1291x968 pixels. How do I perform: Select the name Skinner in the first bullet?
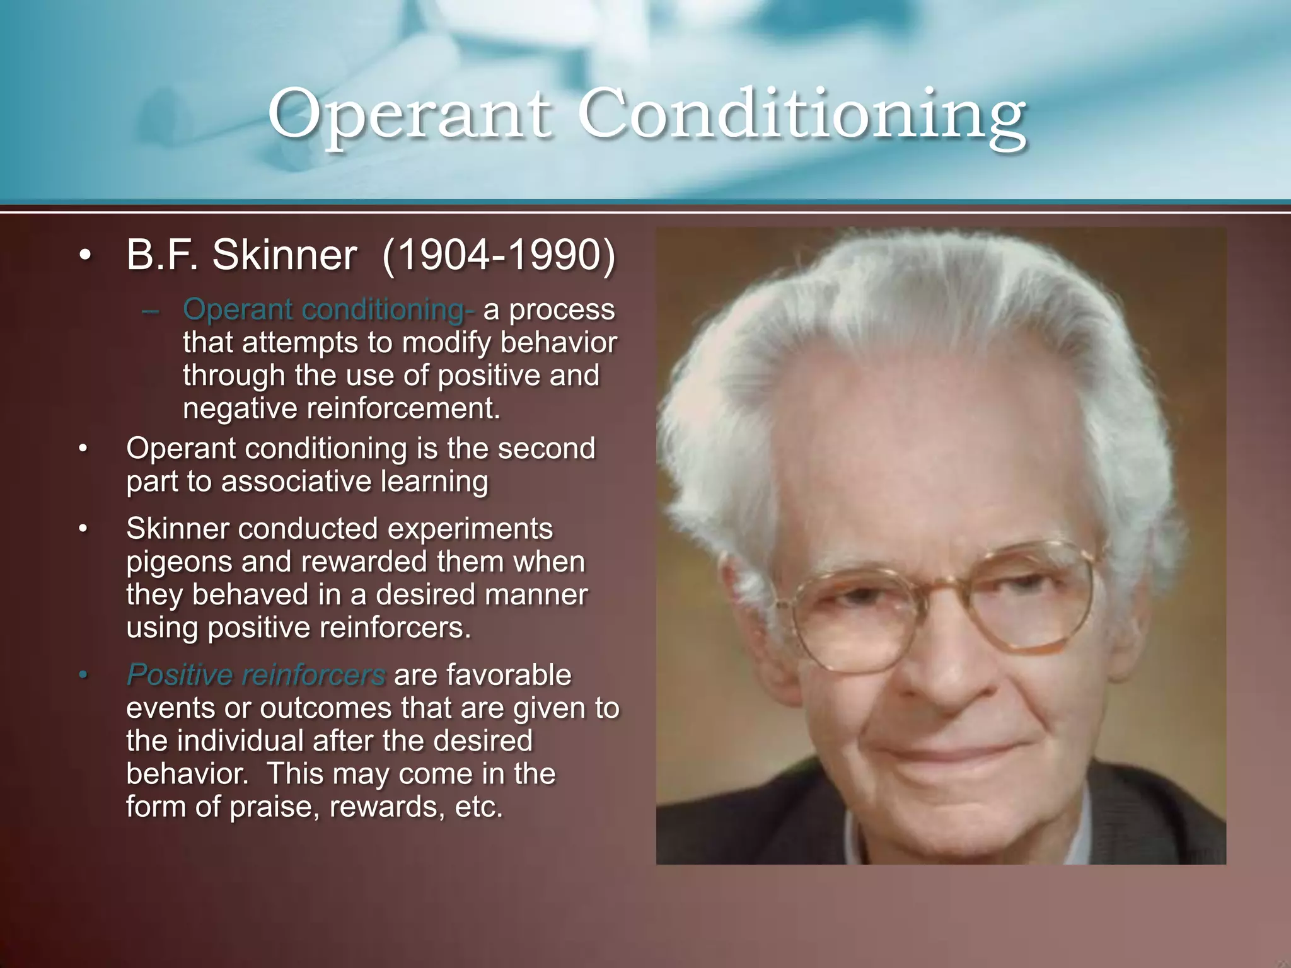coord(284,255)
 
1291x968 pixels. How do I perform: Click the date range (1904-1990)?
coord(499,255)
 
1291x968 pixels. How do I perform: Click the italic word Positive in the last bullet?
coord(180,675)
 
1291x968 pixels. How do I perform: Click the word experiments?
coord(470,529)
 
